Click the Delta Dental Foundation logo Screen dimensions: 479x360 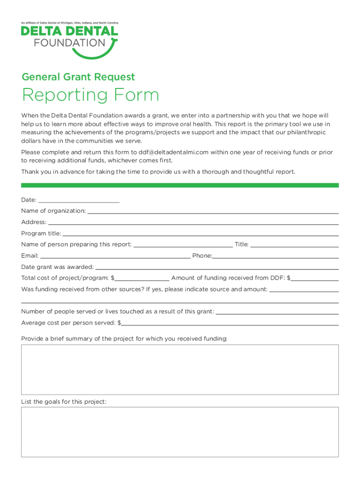pyautogui.click(x=69, y=40)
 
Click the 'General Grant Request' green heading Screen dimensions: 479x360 pyautogui.click(x=78, y=77)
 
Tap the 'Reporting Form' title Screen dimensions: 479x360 pyautogui.click(x=90, y=95)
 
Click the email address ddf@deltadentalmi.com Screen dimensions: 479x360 pyautogui.click(x=173, y=152)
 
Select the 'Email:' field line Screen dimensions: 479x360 pyautogui.click(x=115, y=255)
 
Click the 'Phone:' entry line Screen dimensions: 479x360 pyautogui.click(x=275, y=255)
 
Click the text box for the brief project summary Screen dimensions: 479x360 pyautogui.click(x=180, y=370)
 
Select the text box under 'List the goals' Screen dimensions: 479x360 pyautogui.click(x=180, y=431)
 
